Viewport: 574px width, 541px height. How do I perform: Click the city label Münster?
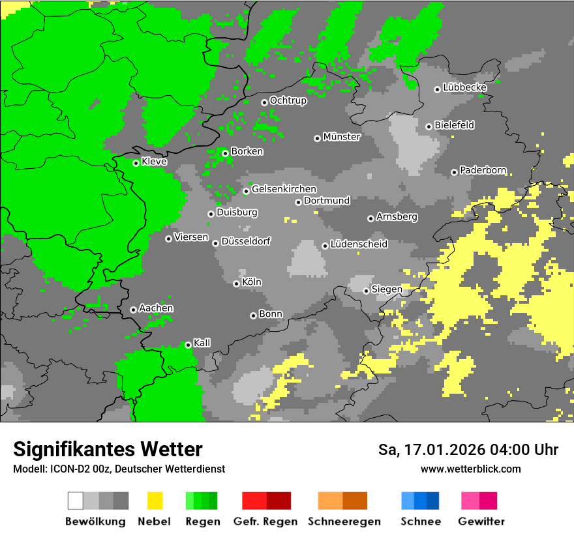342,137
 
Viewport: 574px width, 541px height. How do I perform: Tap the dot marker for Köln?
236,284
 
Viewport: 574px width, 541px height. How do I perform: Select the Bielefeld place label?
455,125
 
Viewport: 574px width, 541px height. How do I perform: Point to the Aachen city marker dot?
133,310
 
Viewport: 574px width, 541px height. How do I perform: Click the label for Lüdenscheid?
359,244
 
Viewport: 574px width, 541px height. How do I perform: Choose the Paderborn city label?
483,170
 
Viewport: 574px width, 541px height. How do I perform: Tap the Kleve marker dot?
136,163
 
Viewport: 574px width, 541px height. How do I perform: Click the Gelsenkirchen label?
284,189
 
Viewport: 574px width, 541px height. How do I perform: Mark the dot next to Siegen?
366,291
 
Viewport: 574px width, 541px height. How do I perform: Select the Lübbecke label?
464,87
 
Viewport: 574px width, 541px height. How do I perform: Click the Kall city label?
202,343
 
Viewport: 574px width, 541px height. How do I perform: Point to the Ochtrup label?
288,100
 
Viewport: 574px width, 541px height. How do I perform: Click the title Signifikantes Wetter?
108,449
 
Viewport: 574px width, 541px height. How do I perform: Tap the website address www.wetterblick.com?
470,469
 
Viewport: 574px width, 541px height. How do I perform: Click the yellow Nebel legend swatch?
155,501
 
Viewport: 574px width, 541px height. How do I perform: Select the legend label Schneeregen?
344,521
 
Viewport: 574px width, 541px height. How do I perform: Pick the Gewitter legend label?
481,521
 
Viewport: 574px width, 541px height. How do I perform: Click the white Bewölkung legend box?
75,501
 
